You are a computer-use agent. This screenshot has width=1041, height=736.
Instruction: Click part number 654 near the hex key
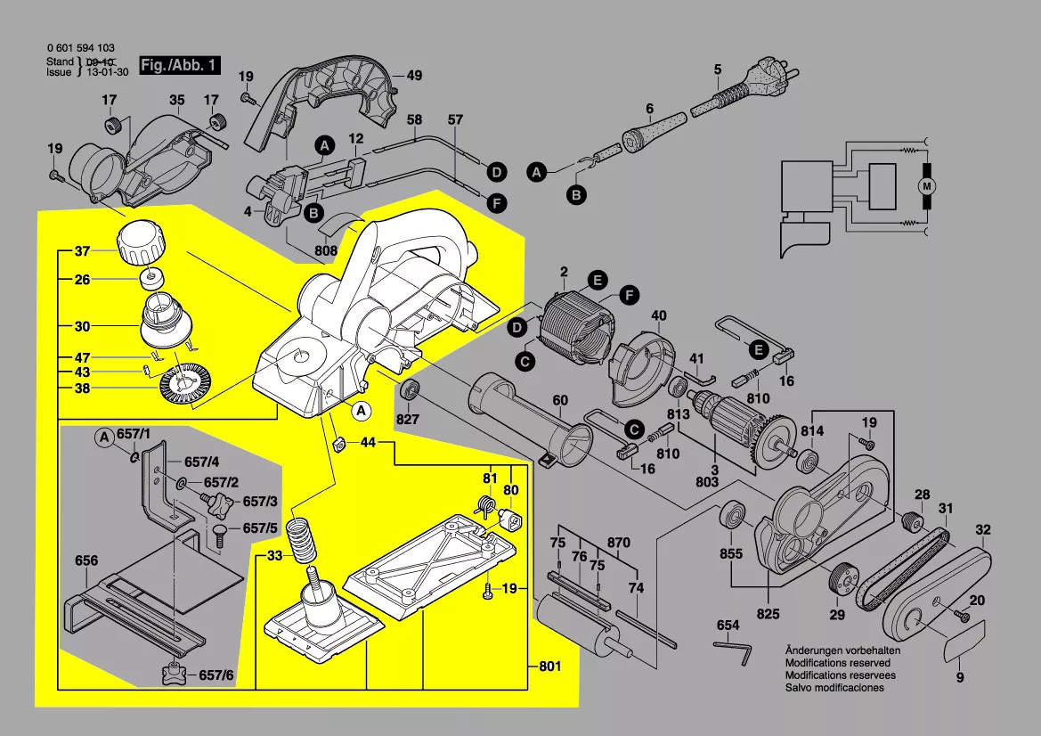click(x=728, y=626)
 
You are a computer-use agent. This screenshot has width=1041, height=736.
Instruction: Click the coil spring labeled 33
click(x=305, y=540)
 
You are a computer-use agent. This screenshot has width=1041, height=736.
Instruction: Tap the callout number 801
click(x=551, y=667)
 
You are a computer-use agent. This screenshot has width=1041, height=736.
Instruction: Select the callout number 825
click(x=768, y=614)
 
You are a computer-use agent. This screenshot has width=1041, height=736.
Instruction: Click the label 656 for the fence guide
click(x=86, y=561)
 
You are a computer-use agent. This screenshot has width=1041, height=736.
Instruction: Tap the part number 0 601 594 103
click(x=80, y=49)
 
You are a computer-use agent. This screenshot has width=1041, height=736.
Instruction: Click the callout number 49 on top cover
click(x=414, y=75)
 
